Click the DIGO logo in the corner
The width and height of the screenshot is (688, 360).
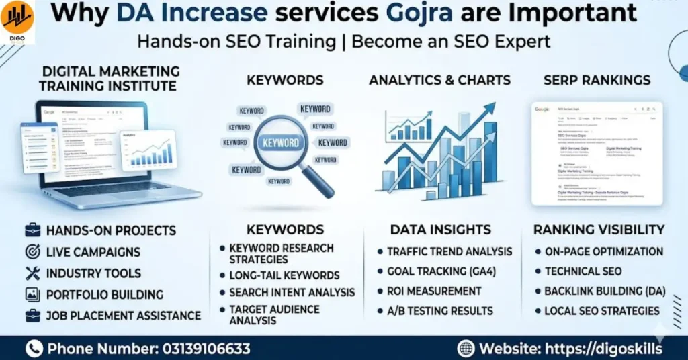17,18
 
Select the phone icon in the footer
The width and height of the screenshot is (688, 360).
34,349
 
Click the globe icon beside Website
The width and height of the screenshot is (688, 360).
466,349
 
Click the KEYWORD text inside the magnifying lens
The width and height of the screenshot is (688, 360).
281,143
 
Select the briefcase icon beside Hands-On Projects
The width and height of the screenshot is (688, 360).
32,230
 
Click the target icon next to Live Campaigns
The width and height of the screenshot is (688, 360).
32,252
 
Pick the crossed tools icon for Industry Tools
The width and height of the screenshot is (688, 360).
32,273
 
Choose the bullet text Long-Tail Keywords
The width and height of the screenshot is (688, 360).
284,275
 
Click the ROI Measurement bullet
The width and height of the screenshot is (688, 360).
434,291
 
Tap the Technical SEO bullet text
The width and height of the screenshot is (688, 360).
583,271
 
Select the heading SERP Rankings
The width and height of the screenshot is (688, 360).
597,80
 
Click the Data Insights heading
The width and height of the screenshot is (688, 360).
440,230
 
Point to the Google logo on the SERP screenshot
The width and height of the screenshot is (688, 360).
542,109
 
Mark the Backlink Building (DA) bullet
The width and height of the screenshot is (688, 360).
605,291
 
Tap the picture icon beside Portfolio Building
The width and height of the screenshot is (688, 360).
32,294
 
